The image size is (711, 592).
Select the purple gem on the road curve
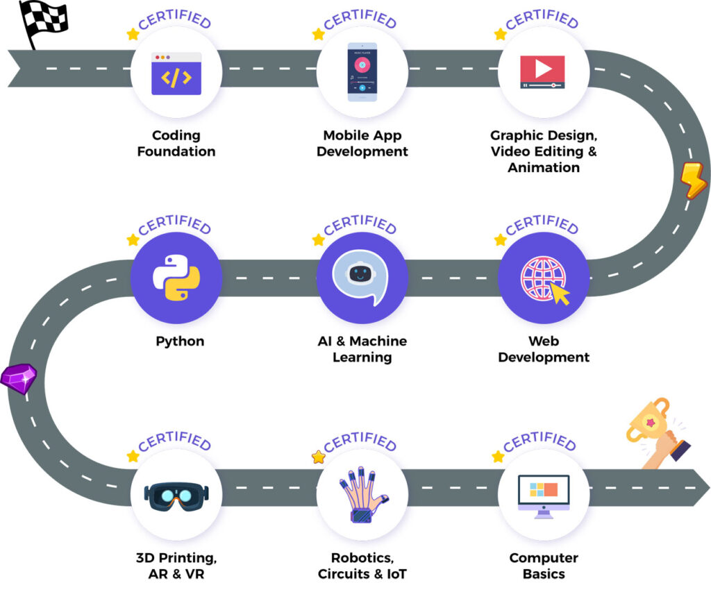pyautogui.click(x=19, y=378)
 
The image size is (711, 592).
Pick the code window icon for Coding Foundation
pyautogui.click(x=176, y=74)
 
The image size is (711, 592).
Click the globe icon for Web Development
pyautogui.click(x=541, y=277)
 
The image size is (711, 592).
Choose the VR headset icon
pyautogui.click(x=176, y=494)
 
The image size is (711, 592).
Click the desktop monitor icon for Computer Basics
pyautogui.click(x=543, y=494)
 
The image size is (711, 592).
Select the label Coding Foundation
pyautogui.click(x=176, y=143)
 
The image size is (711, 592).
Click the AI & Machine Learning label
pyautogui.click(x=362, y=349)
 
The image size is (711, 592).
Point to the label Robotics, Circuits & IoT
pyautogui.click(x=362, y=566)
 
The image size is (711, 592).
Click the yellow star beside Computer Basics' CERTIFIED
pyautogui.click(x=498, y=457)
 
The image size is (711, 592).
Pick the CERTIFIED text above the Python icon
pyautogui.click(x=174, y=226)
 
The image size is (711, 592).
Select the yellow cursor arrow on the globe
pyautogui.click(x=560, y=295)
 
